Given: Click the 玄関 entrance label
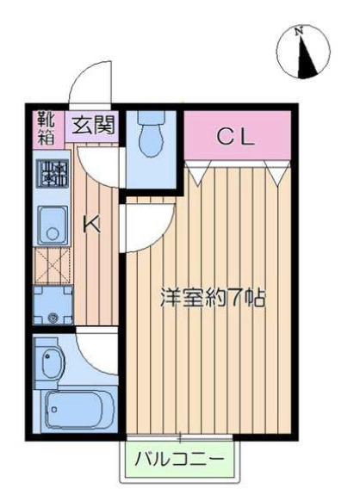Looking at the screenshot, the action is [x=93, y=126].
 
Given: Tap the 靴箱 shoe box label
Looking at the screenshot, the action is [x=47, y=127].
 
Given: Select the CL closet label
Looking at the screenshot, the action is [x=236, y=138].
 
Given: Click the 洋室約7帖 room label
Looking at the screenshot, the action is [x=213, y=298].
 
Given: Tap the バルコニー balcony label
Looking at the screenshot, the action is [x=179, y=460].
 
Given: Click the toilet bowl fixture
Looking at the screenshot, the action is [x=151, y=133].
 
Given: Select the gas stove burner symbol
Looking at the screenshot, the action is [x=53, y=175].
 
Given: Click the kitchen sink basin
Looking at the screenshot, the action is [x=53, y=226].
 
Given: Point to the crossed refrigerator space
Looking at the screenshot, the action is [x=53, y=266].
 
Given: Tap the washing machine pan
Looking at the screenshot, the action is [x=53, y=305].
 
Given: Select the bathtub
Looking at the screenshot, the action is [x=78, y=410].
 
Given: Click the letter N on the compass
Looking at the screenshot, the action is [x=299, y=31].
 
